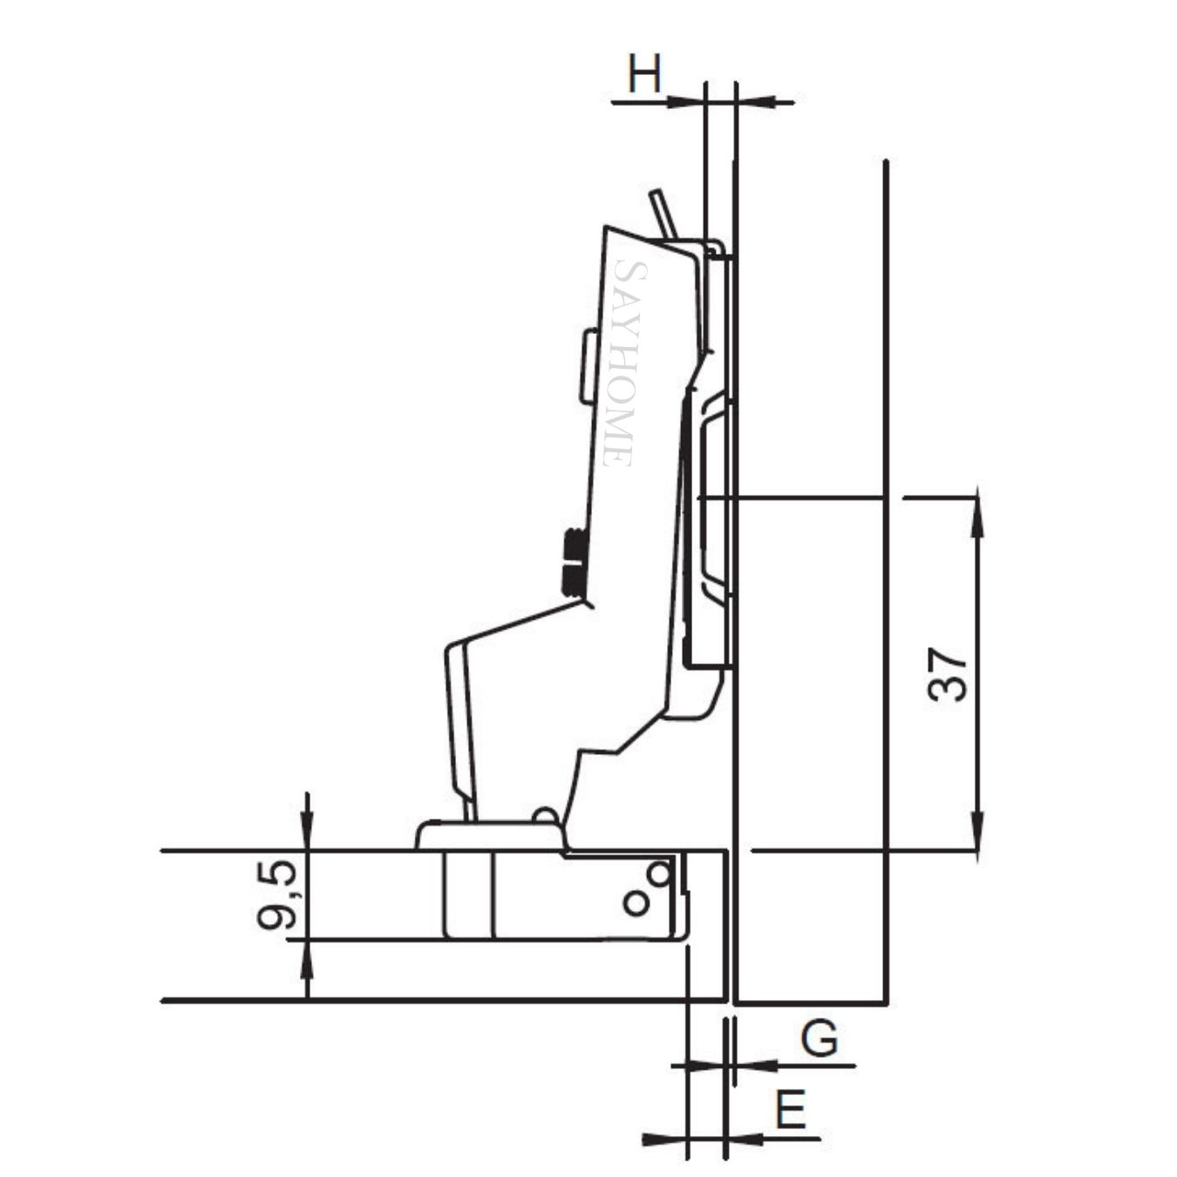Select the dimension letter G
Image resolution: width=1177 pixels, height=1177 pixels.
tap(820, 1039)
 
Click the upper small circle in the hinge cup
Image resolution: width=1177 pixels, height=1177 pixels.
tap(661, 873)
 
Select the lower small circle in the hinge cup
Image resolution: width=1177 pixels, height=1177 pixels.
tap(636, 903)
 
